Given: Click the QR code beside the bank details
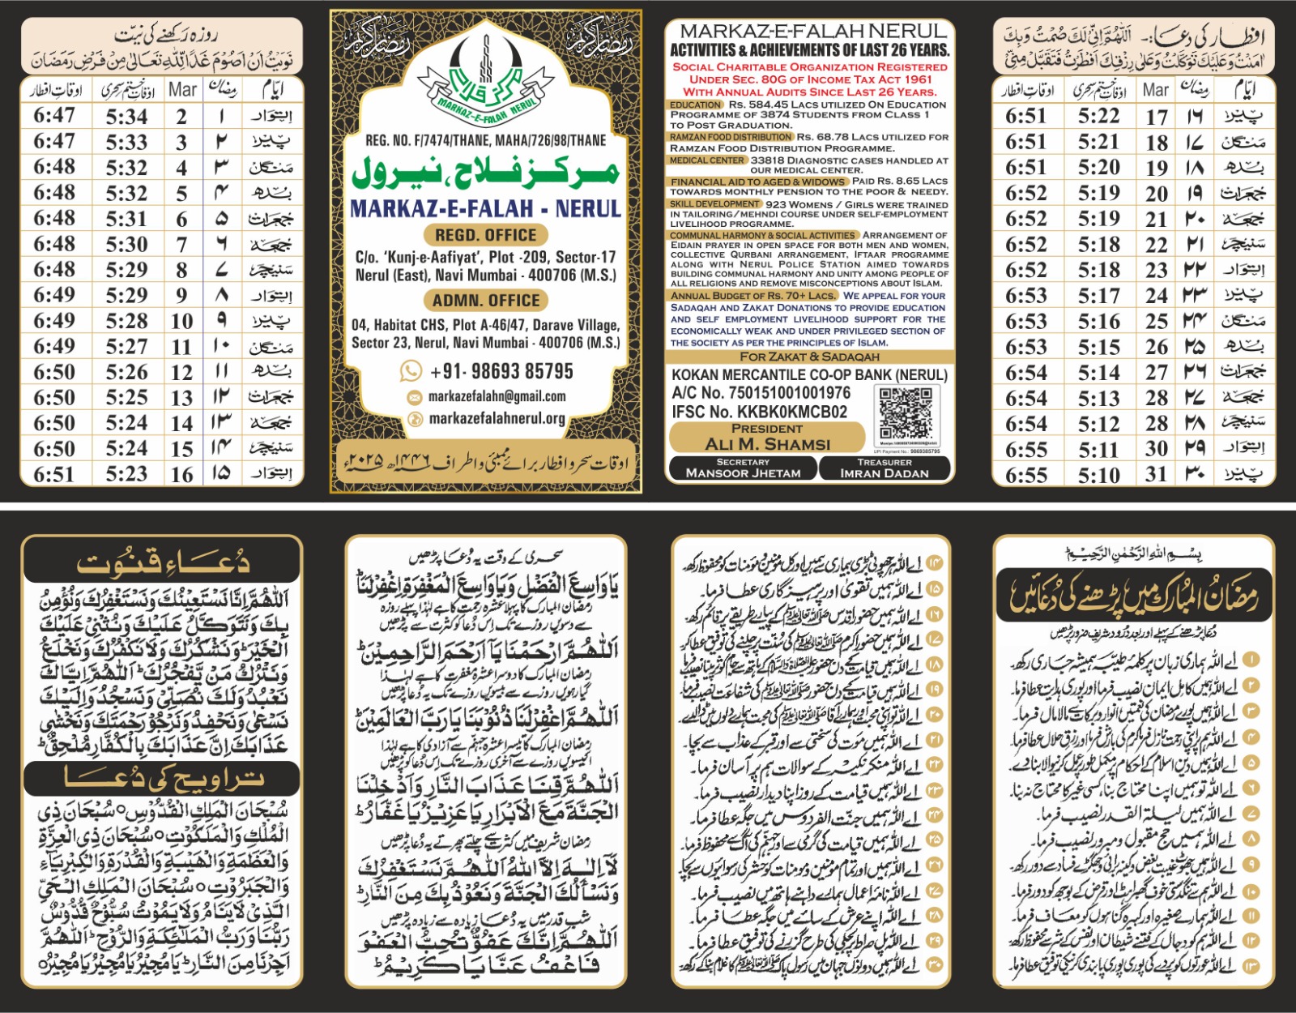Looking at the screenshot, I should click(906, 415).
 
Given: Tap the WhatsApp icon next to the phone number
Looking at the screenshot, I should click(411, 371).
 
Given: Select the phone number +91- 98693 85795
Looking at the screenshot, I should click(501, 371).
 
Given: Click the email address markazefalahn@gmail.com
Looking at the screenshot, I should click(497, 396).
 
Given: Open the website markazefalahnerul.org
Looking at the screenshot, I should click(497, 418).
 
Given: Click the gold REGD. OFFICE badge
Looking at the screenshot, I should click(485, 235).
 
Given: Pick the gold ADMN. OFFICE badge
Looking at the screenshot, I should click(485, 301).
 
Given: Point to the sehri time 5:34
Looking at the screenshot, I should click(127, 116).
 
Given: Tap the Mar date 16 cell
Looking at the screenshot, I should click(181, 474).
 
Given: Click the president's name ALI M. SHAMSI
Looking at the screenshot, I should click(767, 443).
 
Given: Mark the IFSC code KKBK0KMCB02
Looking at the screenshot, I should click(759, 412).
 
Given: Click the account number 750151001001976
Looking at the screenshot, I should click(761, 393).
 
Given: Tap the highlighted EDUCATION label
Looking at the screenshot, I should click(695, 105).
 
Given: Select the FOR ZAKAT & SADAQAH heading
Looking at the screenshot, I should click(809, 357).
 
